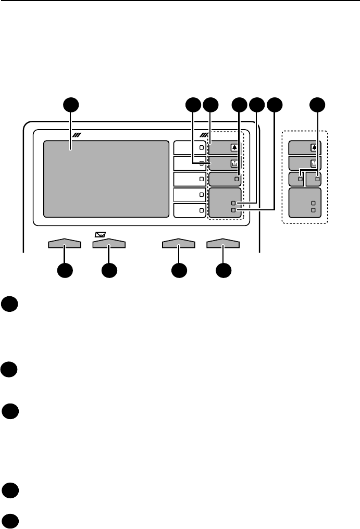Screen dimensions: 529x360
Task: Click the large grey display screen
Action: (106, 179)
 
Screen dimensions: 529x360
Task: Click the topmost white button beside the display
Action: (190, 148)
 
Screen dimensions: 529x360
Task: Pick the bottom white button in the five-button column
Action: (190, 210)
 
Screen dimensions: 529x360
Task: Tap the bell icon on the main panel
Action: (234, 148)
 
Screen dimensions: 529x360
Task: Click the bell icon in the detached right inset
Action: (314, 148)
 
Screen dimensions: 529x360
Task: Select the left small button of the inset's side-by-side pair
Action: (296, 179)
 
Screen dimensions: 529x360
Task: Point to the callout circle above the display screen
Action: (71, 105)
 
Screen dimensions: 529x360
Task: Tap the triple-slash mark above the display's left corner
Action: (78, 135)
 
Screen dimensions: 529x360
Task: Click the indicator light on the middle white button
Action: (201, 179)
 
